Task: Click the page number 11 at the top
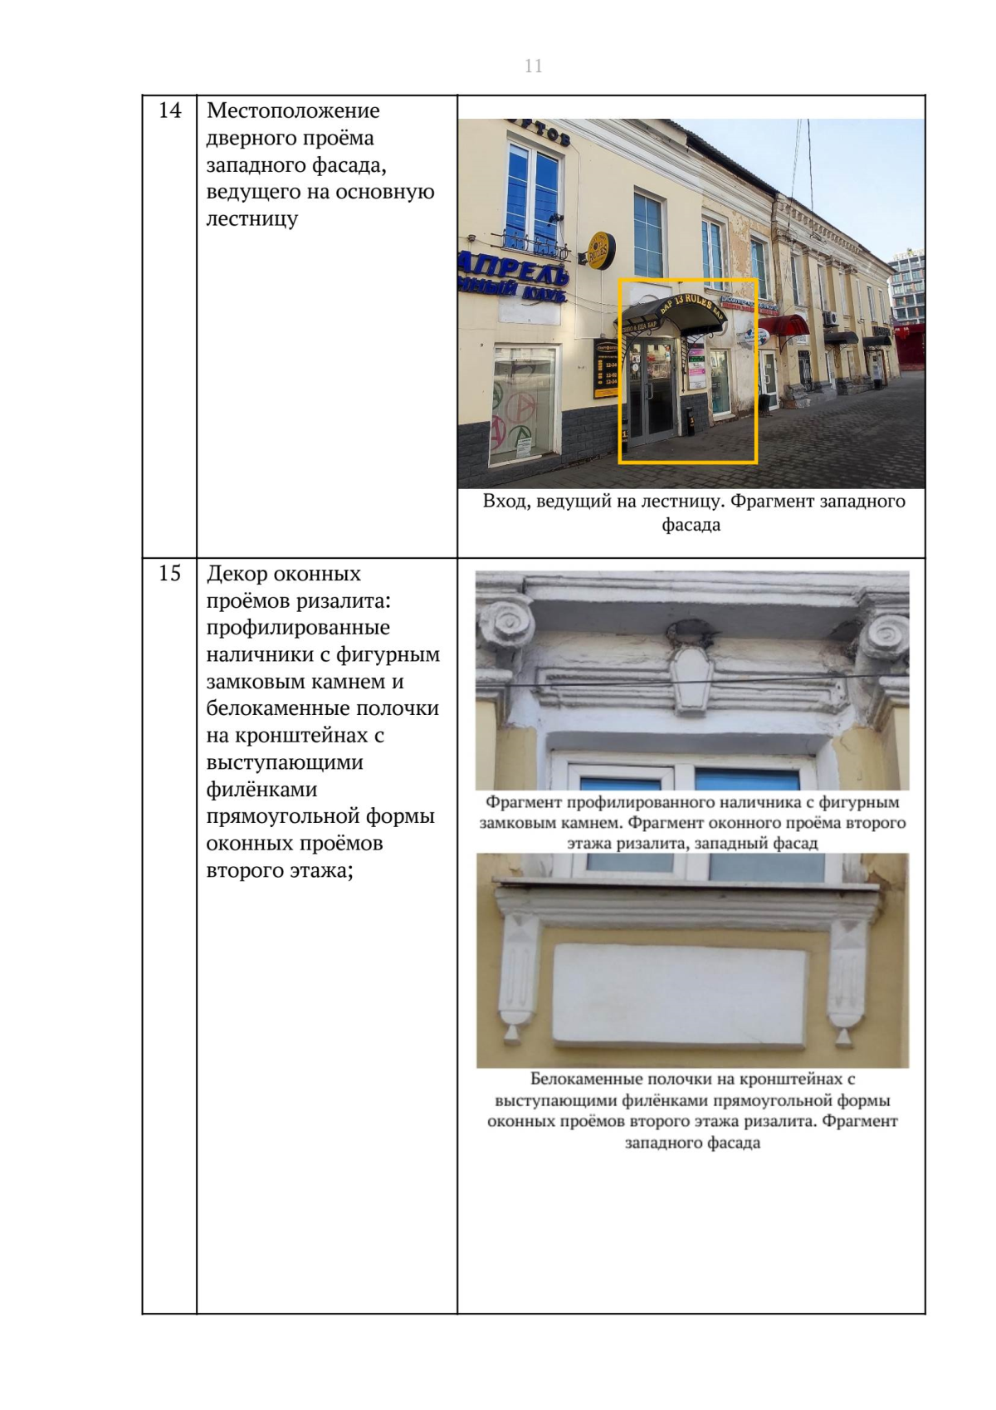tap(533, 66)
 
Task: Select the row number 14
tap(169, 110)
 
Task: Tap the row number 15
tap(169, 573)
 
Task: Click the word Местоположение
tap(293, 110)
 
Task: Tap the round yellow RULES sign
tap(600, 251)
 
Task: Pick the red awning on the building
tap(784, 326)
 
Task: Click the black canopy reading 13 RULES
tap(672, 315)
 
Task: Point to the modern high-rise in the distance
tap(906, 286)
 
